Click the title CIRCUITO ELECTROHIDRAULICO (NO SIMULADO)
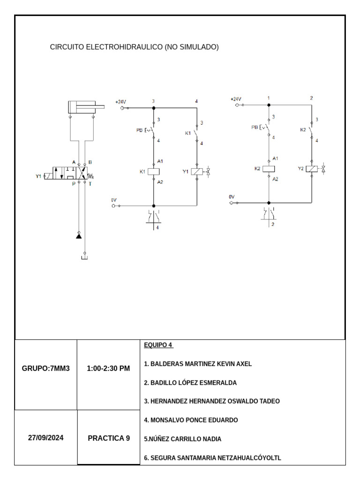pyautogui.click(x=134, y=47)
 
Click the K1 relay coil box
pyautogui.click(x=154, y=172)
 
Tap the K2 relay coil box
pyautogui.click(x=269, y=169)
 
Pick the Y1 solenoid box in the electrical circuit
pyautogui.click(x=197, y=172)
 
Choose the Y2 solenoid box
pyautogui.click(x=312, y=169)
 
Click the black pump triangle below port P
pyautogui.click(x=79, y=236)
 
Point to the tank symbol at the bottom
pyautogui.click(x=84, y=256)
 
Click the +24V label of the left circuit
pyautogui.click(x=120, y=102)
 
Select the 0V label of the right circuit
pyautogui.click(x=232, y=197)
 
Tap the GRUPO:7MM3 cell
pyautogui.click(x=46, y=368)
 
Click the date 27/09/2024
pyautogui.click(x=46, y=438)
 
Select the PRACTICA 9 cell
pyautogui.click(x=109, y=438)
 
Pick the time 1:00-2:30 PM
pyautogui.click(x=108, y=368)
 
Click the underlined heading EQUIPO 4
pyautogui.click(x=158, y=345)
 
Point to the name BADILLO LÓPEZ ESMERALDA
pyautogui.click(x=190, y=382)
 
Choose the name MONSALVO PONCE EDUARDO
pyautogui.click(x=191, y=420)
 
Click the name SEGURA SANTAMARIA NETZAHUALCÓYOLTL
pyautogui.click(x=212, y=458)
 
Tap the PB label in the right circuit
pyautogui.click(x=255, y=127)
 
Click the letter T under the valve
pyautogui.click(x=90, y=184)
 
